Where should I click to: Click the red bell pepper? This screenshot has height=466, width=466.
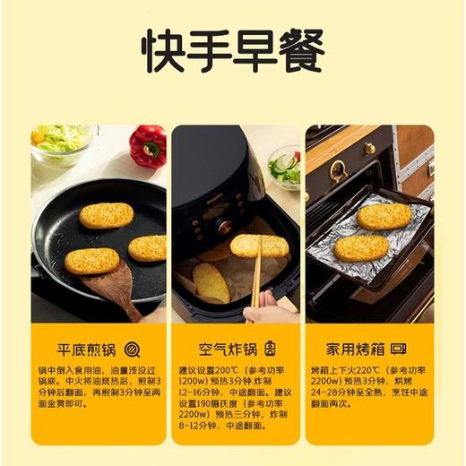(147, 145)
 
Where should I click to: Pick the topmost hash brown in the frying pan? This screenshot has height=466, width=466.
(106, 215)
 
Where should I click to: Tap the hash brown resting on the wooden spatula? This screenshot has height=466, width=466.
(91, 261)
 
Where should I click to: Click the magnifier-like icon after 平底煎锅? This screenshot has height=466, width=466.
(133, 349)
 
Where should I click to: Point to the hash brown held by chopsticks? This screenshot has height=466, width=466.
(259, 246)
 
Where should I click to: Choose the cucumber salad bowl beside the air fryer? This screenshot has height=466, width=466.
(285, 168)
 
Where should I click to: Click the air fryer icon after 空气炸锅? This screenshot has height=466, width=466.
(270, 349)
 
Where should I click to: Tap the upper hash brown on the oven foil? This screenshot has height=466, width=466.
(384, 216)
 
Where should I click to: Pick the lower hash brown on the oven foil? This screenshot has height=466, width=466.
(361, 247)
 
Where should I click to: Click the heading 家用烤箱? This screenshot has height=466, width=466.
(357, 349)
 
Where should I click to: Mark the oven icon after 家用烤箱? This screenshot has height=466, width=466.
(399, 349)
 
